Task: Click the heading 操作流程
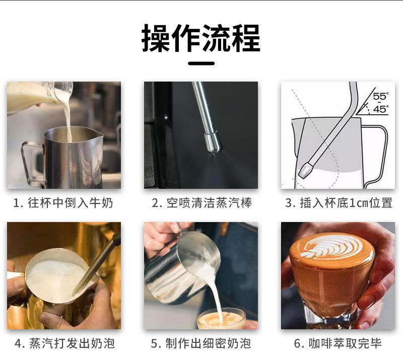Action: coord(201,39)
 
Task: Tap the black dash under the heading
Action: coord(201,63)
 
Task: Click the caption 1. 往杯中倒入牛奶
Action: coord(63,203)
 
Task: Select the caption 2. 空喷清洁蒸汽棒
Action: coord(202,203)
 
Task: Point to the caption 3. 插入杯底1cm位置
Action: coord(339,203)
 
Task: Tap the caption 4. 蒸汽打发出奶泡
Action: coord(64,343)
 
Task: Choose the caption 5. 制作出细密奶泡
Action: coord(201,343)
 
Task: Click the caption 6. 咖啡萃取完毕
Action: coord(338,343)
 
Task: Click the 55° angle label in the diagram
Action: coord(381,96)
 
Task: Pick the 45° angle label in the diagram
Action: coord(381,109)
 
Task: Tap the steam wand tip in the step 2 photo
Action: coord(213,143)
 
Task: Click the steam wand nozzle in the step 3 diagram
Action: coord(306,170)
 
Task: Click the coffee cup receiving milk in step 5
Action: coord(221,319)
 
